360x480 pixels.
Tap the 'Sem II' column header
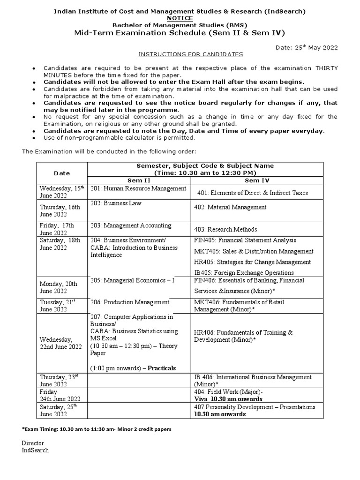pos(139,180)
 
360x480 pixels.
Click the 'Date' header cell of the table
pos(61,173)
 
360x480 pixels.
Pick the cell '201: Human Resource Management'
pos(138,188)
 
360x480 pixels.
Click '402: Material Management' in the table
pos(230,207)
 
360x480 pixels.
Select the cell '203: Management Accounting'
pos(131,225)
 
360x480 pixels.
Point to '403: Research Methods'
pos(225,229)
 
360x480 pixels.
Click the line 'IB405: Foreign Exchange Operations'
pos(244,272)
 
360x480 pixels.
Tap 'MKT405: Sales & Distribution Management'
pos(254,251)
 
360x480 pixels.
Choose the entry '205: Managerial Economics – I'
pos(132,280)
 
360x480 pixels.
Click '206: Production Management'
pos(130,302)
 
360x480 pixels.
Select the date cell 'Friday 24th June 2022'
pos(60,395)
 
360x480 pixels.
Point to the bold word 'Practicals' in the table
pos(162,368)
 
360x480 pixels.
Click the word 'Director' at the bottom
pos(33,442)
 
